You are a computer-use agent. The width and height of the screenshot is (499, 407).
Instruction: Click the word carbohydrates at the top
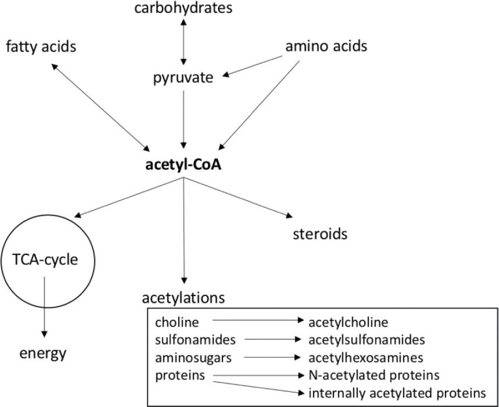point(182,8)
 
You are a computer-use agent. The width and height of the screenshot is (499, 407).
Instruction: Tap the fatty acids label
point(41,47)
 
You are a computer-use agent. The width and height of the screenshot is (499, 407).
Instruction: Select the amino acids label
point(327,46)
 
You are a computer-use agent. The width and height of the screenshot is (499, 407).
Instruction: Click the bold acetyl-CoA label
point(183,166)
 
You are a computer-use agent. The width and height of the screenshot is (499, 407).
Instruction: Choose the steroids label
point(320,234)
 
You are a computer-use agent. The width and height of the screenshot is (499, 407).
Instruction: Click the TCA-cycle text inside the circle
point(45,259)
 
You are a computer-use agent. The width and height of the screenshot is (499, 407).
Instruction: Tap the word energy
point(44,354)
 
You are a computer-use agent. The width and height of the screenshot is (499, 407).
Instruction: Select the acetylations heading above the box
point(183,298)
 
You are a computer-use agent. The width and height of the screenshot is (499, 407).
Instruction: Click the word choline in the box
point(177,323)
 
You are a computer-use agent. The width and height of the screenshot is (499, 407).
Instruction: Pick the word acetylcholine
point(348,323)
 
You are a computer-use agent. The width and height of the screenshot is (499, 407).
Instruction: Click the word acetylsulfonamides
point(367,340)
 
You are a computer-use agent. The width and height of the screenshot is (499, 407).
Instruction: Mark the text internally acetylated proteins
point(397,392)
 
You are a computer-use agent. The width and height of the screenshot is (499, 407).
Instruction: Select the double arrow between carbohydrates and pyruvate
point(183,43)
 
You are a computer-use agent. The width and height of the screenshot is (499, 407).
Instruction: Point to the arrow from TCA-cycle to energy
point(45,307)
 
